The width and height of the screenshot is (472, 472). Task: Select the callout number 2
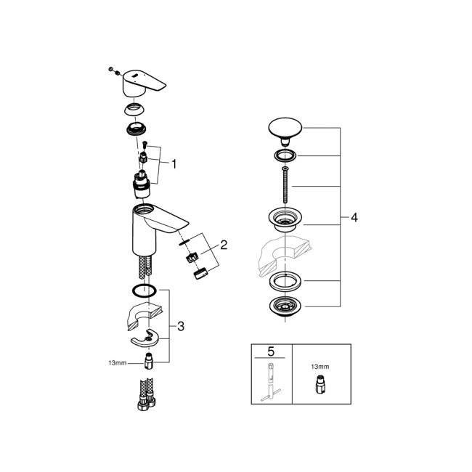pyautogui.click(x=224, y=245)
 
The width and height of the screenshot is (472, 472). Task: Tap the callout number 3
pyautogui.click(x=181, y=326)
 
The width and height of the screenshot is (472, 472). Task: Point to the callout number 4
pyautogui.click(x=354, y=217)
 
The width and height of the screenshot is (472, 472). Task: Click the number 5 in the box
pyautogui.click(x=271, y=351)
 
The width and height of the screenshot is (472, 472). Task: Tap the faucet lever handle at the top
pyautogui.click(x=141, y=84)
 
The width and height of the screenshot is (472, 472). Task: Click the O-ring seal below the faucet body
pyautogui.click(x=145, y=292)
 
